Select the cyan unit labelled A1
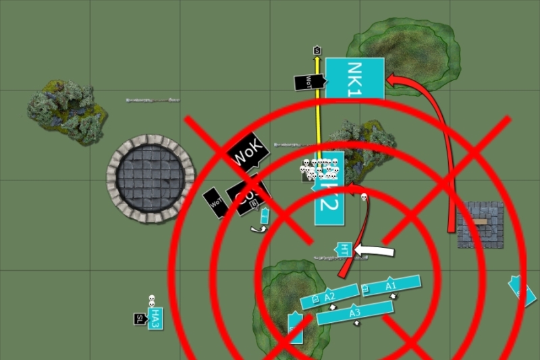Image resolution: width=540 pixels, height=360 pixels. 391,286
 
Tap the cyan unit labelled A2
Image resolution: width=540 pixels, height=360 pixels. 329,297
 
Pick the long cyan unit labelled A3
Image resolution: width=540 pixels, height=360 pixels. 355,312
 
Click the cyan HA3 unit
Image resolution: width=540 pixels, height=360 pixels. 155,318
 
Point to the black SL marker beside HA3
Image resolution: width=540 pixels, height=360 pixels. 140,319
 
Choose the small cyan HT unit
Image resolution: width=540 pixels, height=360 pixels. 345,250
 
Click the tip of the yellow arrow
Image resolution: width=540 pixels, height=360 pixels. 317,59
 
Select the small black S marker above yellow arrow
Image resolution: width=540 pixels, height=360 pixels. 317,50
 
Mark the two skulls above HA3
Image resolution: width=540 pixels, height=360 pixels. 152,300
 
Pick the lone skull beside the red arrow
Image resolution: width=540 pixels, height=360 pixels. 364,197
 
